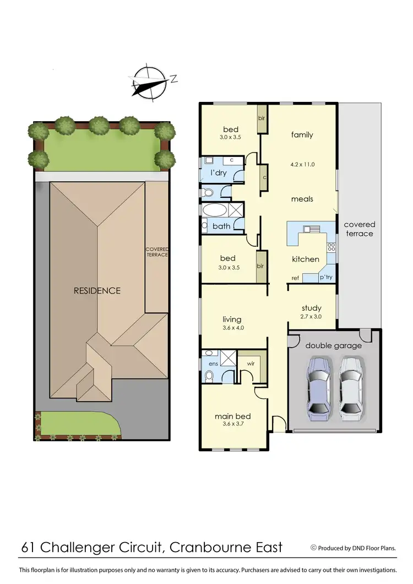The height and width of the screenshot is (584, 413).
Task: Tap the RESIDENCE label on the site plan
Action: pyautogui.click(x=97, y=290)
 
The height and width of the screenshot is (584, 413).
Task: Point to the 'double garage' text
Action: pyautogui.click(x=334, y=345)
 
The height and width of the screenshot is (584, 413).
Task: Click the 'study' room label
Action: pyautogui.click(x=311, y=308)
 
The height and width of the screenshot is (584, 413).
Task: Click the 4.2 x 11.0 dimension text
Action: pyautogui.click(x=302, y=164)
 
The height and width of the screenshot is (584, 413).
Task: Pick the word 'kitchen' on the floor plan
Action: pyautogui.click(x=306, y=259)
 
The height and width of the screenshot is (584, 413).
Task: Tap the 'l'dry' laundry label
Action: pyautogui.click(x=219, y=173)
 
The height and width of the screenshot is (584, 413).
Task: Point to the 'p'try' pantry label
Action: pyautogui.click(x=326, y=278)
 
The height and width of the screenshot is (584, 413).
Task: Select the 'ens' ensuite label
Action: pyautogui.click(x=212, y=364)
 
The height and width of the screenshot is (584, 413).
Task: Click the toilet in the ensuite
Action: pyautogui.click(x=209, y=376)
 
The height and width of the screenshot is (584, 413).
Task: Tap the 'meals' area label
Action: pyautogui.click(x=302, y=199)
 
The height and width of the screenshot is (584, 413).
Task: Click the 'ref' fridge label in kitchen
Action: pyautogui.click(x=295, y=278)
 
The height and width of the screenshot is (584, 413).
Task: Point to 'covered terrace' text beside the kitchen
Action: pyautogui.click(x=359, y=229)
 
